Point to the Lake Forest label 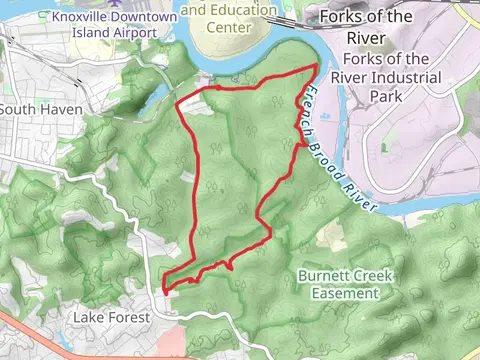[x=111, y=317]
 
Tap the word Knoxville [x=85, y=17]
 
